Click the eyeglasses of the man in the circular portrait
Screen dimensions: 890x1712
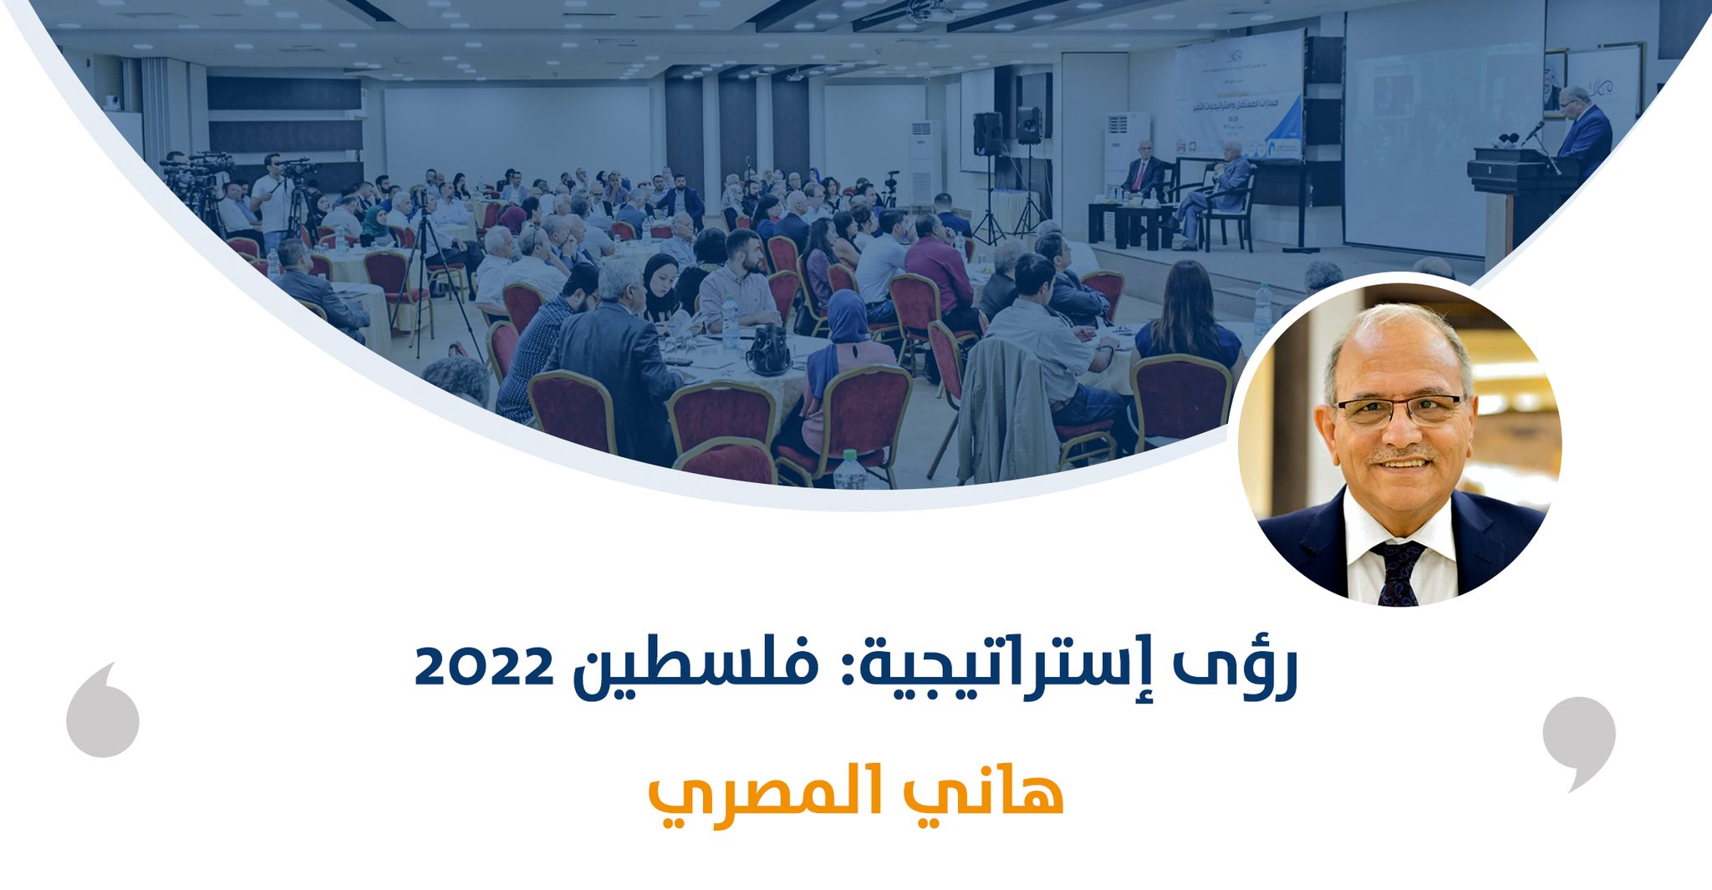pyautogui.click(x=1400, y=409)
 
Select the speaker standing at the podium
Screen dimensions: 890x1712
pyautogui.click(x=1582, y=134)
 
